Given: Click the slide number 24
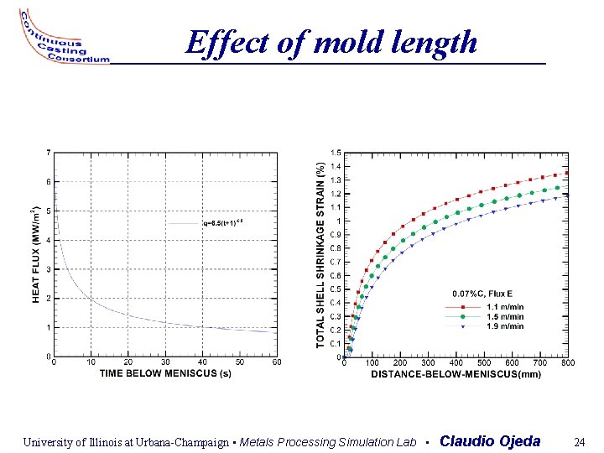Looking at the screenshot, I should (x=579, y=441).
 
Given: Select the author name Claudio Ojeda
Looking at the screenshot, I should (x=490, y=441).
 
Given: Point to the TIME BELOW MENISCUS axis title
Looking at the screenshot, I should (x=165, y=373).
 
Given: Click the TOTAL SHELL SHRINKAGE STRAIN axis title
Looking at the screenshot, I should (x=320, y=255).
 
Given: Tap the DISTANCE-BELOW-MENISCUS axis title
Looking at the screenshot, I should (x=456, y=373).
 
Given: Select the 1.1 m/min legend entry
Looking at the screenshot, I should (x=505, y=307).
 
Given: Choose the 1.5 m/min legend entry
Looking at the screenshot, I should (x=505, y=317).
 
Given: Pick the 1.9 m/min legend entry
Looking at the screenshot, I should (x=505, y=326).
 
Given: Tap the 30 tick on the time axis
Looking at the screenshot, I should (x=165, y=362).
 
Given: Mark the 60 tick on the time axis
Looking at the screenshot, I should (x=276, y=362).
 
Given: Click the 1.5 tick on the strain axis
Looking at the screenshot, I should (x=336, y=153).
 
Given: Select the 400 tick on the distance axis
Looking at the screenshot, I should (x=456, y=362).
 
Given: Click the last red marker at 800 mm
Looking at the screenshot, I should (x=566, y=173).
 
